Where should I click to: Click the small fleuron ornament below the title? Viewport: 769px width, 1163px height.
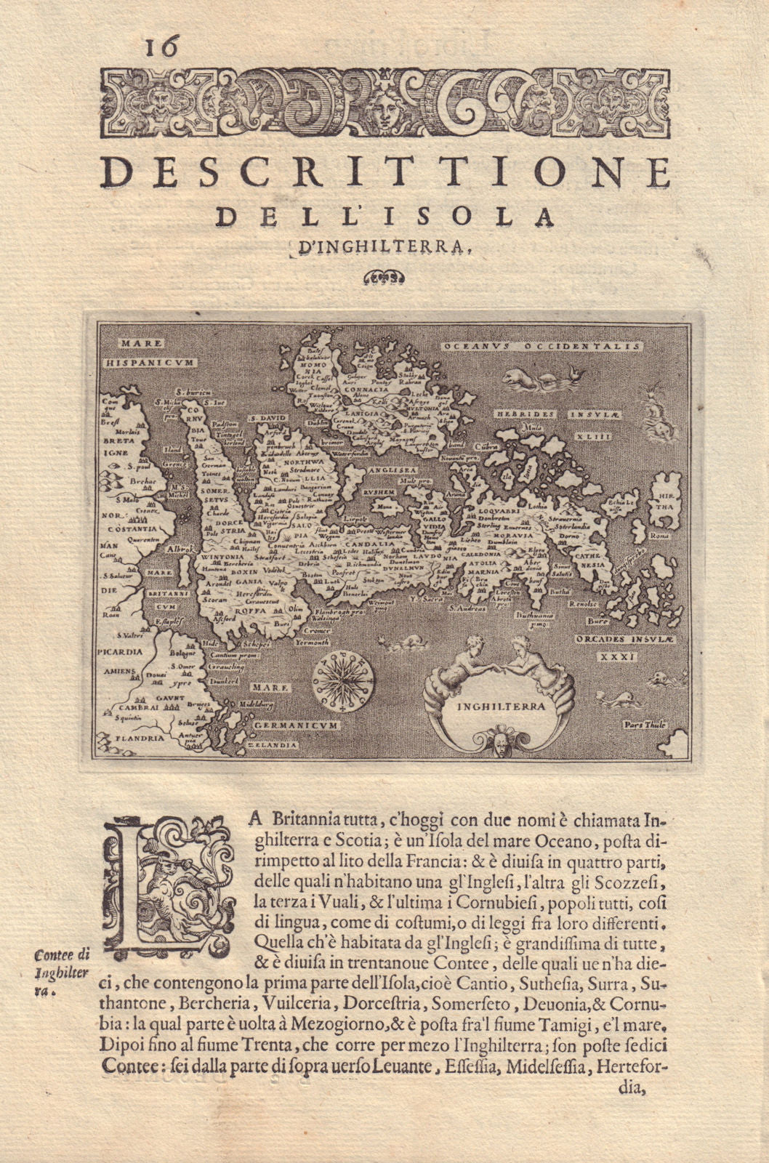coord(383,277)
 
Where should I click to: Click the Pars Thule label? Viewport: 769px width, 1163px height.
coord(645,725)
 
